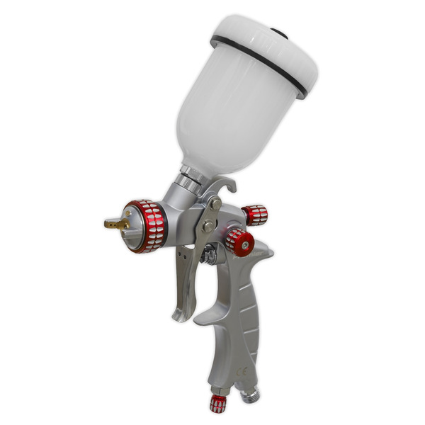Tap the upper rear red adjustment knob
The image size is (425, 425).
tap(254, 215)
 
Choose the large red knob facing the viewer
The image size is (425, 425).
tap(240, 243)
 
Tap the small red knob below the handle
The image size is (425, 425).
tap(219, 404)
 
